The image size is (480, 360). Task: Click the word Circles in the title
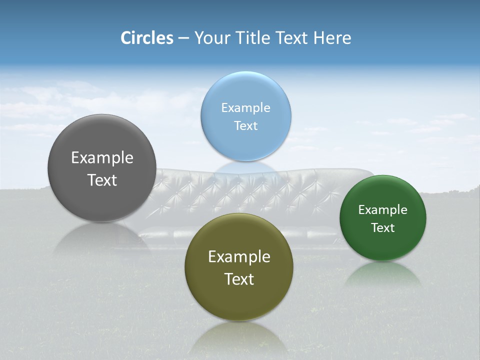click(x=146, y=38)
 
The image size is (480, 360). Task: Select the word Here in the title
click(x=332, y=38)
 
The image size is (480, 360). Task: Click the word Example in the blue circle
click(x=245, y=107)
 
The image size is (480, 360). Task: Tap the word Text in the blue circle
click(x=245, y=125)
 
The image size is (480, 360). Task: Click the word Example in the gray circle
click(x=102, y=157)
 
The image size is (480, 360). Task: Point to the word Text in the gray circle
click(x=102, y=180)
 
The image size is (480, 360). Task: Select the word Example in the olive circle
click(x=238, y=256)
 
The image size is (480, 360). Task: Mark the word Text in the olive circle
click(x=238, y=279)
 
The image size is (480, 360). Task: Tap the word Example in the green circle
click(x=382, y=209)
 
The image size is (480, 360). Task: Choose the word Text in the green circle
click(x=382, y=227)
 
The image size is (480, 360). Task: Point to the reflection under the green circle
click(x=382, y=275)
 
